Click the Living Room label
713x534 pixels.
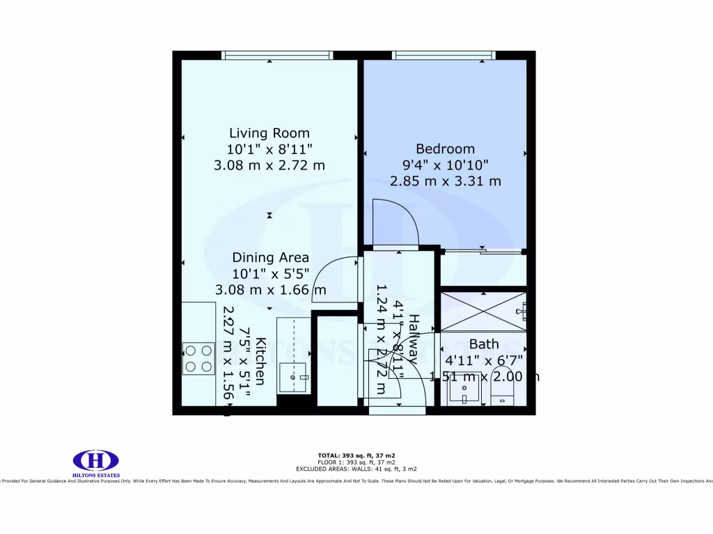coord(269,133)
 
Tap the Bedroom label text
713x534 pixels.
coord(445,148)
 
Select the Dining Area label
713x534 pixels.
coord(270,257)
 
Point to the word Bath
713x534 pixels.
coord(483,343)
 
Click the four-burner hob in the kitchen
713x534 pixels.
coord(198,359)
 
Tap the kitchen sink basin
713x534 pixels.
coord(295,378)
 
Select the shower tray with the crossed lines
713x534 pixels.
coord(483,311)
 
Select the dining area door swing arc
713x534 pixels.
coord(337,278)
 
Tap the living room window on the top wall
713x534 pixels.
coord(277,56)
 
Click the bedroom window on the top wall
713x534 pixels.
coord(444,56)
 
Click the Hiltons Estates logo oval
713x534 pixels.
coord(96,460)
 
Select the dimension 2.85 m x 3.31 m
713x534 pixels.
coord(445,181)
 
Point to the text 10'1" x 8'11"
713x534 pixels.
coord(269,149)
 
